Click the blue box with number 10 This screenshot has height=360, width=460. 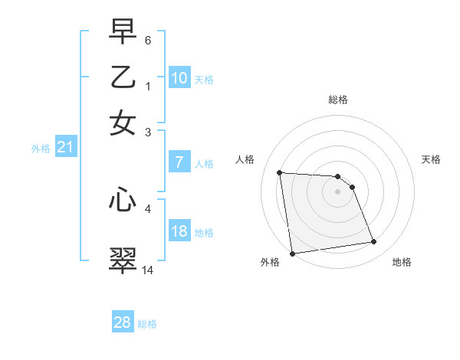pos(179,78)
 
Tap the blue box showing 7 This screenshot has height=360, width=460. pos(179,162)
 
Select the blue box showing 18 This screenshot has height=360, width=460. pos(179,231)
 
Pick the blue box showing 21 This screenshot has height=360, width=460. pos(64,147)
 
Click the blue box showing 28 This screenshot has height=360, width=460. pos(122,322)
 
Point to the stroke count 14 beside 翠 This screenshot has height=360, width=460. pos(148,270)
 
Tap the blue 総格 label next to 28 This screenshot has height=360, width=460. pos(147,324)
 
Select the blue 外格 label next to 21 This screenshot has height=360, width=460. pos(40,149)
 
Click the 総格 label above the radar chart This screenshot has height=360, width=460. pos(337,100)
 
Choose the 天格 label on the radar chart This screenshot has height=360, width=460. pos(431,159)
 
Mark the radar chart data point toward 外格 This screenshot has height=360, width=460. pos(292,254)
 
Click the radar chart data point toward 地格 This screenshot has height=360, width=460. pos(373,242)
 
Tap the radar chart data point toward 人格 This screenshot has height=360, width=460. pos(280,172)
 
